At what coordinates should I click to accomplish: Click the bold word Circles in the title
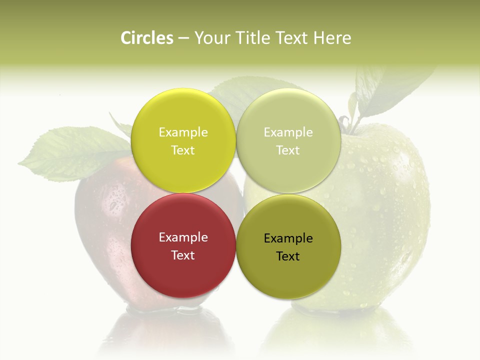(x=147, y=38)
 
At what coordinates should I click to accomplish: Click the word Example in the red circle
(x=183, y=237)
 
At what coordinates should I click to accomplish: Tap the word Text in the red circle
(x=183, y=255)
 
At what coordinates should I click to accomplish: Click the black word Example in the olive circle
(x=288, y=238)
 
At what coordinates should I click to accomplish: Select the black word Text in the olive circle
(x=288, y=256)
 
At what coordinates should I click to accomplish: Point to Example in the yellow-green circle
(x=183, y=132)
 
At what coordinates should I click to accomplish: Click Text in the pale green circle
(x=288, y=150)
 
